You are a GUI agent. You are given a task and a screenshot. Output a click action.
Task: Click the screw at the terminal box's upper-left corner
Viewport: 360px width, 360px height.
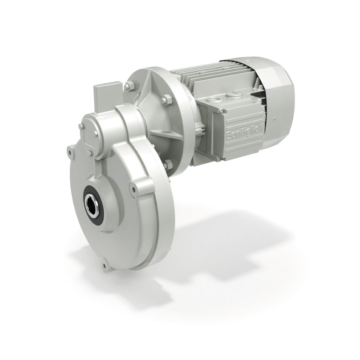tap(221, 111)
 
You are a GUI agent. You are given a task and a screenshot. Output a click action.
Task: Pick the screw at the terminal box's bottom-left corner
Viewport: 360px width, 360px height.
tap(220, 159)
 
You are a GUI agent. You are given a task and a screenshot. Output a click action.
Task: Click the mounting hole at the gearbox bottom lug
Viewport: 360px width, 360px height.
tap(105, 266)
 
